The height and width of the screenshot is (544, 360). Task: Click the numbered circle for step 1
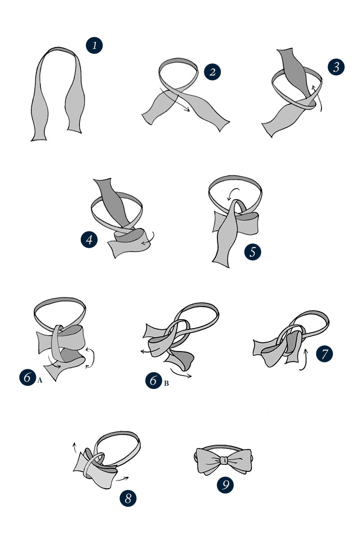[94, 45]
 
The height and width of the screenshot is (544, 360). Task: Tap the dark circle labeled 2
[212, 71]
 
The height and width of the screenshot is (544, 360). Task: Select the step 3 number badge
[336, 67]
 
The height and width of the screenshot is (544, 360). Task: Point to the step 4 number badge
[90, 239]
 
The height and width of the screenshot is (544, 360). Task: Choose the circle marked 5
[253, 251]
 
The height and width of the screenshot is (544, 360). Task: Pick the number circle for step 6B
[154, 381]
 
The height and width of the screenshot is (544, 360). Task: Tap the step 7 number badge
[324, 353]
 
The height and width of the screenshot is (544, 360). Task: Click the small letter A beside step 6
[40, 380]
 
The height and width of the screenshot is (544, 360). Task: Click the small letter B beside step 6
[166, 383]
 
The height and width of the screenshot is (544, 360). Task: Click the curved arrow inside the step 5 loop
[233, 194]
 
